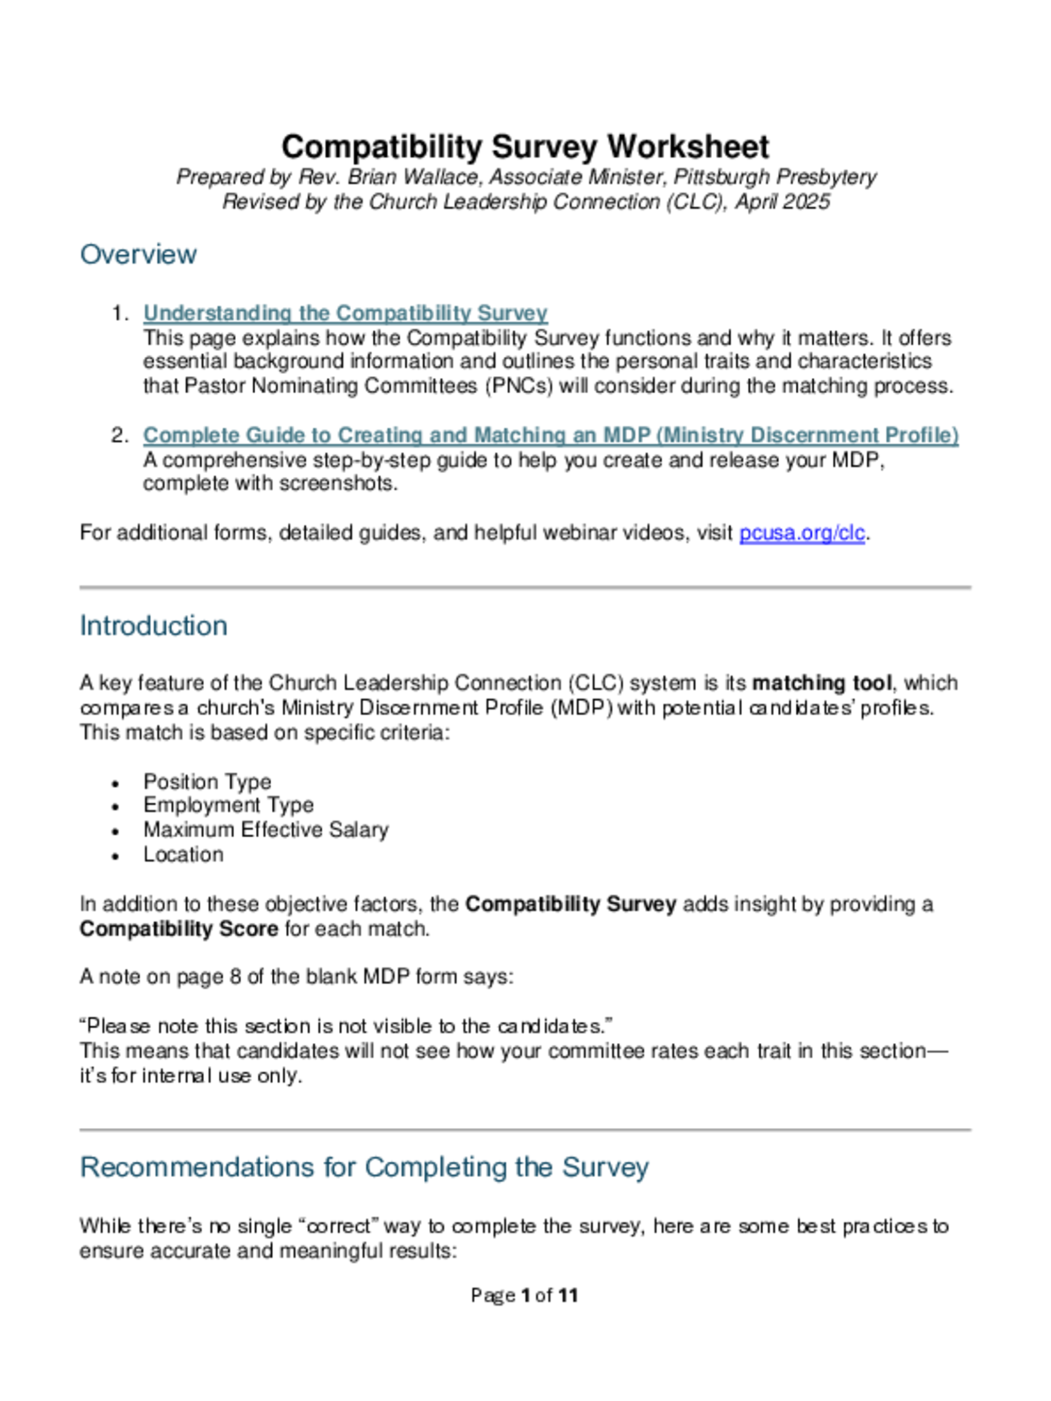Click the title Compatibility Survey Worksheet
pos(524,147)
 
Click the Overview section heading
pos(138,255)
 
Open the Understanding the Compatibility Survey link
pos(345,313)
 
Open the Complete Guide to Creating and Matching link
pos(550,435)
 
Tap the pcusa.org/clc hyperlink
pos(801,533)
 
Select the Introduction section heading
pos(153,626)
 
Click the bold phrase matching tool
pos(821,683)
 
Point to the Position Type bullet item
pos(207,782)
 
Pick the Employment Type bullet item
pos(228,805)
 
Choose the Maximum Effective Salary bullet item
pos(265,830)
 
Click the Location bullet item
pos(183,855)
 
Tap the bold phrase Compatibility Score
pos(179,929)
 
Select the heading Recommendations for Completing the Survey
pos(364,1167)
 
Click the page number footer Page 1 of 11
pos(524,1296)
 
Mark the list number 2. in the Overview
pos(119,435)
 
